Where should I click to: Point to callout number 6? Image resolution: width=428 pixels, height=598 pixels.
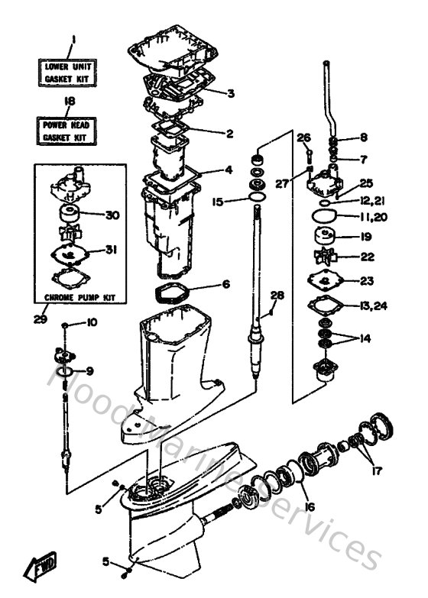pos(225,284)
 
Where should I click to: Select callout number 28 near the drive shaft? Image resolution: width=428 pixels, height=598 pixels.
pos(277,295)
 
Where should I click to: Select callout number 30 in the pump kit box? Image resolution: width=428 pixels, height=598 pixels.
pos(112,215)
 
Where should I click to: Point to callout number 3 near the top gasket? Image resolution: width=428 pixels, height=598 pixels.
pos(231,94)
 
